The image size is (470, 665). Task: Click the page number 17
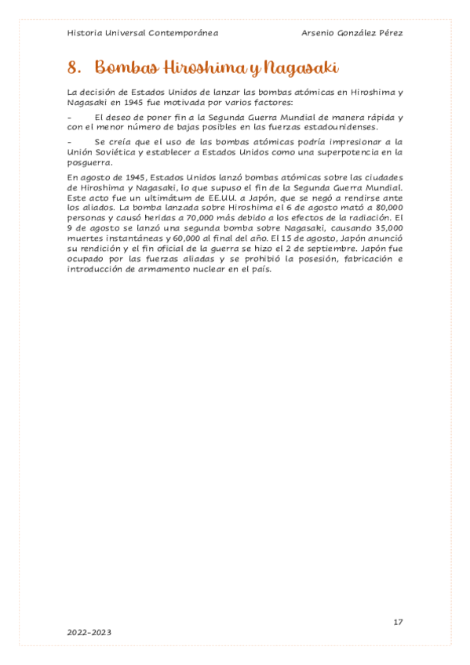coord(398,622)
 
